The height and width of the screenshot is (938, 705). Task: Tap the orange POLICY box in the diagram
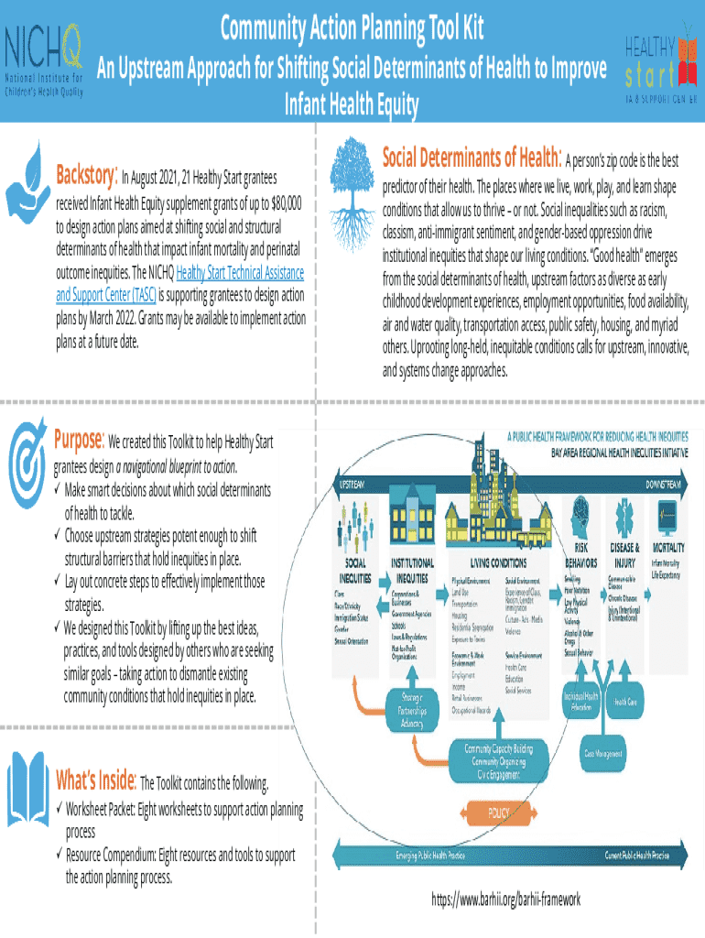[498, 813]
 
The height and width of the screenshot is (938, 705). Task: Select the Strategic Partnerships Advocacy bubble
[412, 709]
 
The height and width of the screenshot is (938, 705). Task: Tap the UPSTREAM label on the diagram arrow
[356, 484]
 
